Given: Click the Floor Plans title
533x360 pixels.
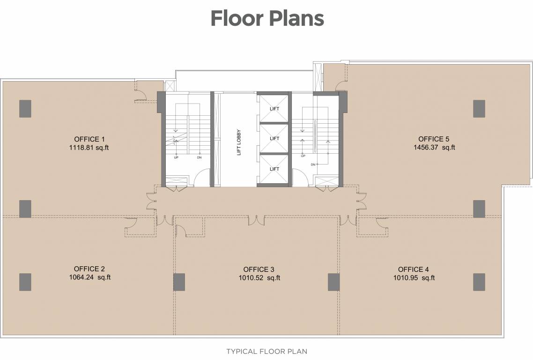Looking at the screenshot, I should [x=267, y=18].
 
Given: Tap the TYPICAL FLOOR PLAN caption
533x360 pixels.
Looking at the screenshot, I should [x=266, y=351].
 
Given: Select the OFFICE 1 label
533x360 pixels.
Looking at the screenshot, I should [x=89, y=139].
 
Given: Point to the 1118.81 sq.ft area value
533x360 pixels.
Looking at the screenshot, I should [x=89, y=148].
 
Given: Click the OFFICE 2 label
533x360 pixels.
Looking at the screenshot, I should [x=89, y=269].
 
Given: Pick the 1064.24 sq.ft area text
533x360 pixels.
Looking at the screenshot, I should [x=89, y=277].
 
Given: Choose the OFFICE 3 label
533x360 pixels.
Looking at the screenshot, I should [x=259, y=270].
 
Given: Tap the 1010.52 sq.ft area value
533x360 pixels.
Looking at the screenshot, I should [x=259, y=278].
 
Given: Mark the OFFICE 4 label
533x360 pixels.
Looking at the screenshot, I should [x=414, y=270].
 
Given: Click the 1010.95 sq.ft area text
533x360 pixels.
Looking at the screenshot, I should [x=414, y=278].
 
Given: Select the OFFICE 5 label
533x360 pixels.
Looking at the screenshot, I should [x=434, y=139].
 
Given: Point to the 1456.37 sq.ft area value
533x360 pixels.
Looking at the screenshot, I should [x=434, y=148].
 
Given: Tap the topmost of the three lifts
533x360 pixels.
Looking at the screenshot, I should [x=274, y=108].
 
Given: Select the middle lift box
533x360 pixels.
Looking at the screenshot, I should [x=274, y=138].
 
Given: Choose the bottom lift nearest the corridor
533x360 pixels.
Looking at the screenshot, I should [x=274, y=169].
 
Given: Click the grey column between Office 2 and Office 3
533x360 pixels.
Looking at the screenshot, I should [x=179, y=282].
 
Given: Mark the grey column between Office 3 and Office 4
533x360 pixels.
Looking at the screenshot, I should [x=333, y=282].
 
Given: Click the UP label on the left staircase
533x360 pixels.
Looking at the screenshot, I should [x=176, y=157].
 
